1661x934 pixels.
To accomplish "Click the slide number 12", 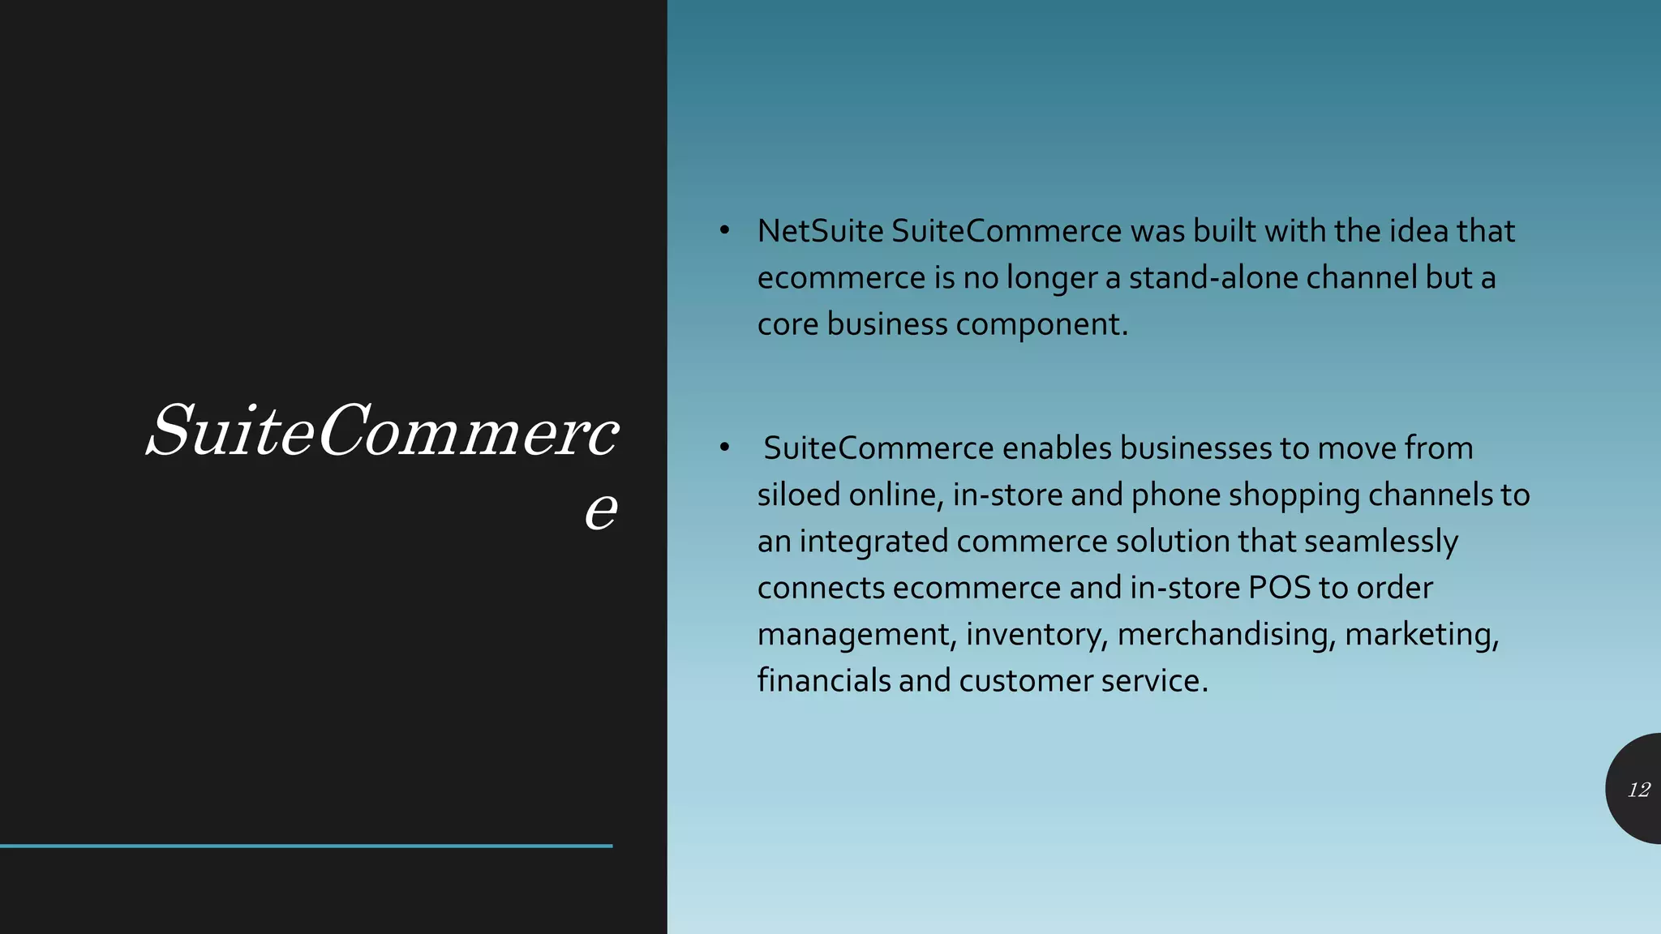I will [x=1638, y=790].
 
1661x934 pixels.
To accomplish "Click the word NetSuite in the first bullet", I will [x=820, y=232].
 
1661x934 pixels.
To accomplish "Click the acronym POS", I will [x=1279, y=588].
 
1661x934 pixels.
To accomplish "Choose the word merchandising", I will [x=1225, y=634].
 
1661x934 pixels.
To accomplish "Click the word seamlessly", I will [x=1380, y=542].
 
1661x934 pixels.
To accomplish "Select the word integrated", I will [x=873, y=542].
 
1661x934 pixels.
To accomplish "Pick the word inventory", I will [x=1036, y=634].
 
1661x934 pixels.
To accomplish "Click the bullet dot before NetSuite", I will [x=725, y=231].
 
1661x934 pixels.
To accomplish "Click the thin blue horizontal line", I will [x=306, y=846].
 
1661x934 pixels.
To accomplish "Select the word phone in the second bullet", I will [x=1175, y=495].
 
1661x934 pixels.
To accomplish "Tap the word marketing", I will [x=1421, y=634].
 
